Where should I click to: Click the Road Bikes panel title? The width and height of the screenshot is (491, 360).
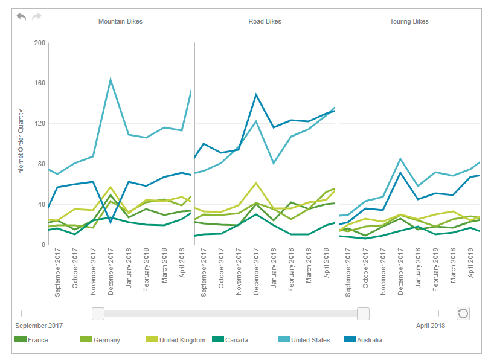click(x=265, y=21)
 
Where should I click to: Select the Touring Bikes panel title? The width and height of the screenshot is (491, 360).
click(x=409, y=21)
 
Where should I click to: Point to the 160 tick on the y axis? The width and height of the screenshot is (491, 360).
click(x=40, y=83)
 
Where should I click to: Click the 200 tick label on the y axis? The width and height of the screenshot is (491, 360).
click(x=40, y=43)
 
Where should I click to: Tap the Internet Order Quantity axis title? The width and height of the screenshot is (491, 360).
click(x=21, y=143)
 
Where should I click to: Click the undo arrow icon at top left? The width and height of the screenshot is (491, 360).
click(x=22, y=16)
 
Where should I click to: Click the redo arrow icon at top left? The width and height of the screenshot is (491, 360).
click(x=37, y=16)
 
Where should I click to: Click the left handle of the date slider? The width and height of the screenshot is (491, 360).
click(x=98, y=313)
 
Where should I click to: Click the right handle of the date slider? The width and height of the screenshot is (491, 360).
click(x=363, y=313)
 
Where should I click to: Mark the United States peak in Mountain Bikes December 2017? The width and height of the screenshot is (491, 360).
click(x=111, y=79)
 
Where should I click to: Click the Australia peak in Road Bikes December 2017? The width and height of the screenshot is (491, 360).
click(x=256, y=94)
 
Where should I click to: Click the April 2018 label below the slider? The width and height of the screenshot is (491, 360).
click(x=431, y=326)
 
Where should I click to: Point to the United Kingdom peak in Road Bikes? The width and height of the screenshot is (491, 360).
click(x=256, y=182)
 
